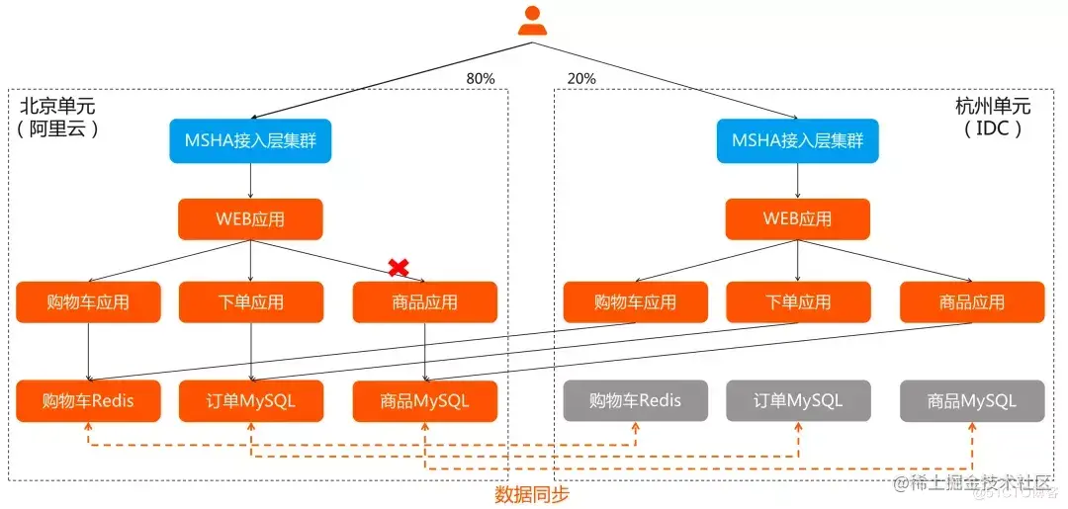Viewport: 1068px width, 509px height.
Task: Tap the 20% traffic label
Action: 582,78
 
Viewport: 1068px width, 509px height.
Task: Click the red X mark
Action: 399,267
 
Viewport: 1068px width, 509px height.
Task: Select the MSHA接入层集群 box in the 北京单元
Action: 250,140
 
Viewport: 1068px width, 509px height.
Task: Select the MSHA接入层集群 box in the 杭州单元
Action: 797,140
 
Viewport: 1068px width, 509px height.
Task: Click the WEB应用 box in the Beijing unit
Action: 250,219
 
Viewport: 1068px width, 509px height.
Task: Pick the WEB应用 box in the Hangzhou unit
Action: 797,219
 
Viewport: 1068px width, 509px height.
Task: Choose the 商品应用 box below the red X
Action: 425,302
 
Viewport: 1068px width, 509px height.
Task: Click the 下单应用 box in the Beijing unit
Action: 250,302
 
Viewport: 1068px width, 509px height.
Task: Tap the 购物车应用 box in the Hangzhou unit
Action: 635,302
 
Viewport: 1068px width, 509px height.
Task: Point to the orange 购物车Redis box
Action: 88,401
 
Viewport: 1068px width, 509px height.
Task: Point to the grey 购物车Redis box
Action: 635,401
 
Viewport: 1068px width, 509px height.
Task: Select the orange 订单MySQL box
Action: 250,401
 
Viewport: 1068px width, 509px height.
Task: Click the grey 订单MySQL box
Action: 797,401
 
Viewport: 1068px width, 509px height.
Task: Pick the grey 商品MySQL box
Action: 972,401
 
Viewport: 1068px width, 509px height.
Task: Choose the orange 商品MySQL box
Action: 425,401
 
